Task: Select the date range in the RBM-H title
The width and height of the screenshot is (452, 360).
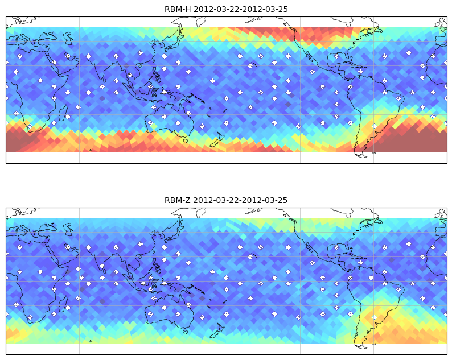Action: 241,9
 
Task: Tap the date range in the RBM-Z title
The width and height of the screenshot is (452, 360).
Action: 240,200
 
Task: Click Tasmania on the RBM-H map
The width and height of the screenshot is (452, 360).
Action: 185,141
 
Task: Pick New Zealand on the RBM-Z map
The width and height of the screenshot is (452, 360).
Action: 217,331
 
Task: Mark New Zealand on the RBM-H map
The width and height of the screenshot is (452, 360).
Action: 217,140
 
